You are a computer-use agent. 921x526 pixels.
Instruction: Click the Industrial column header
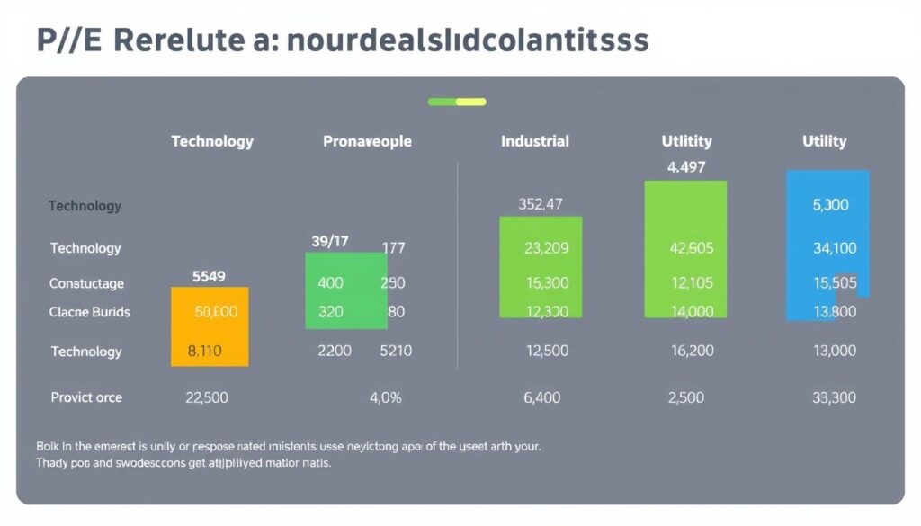(534, 141)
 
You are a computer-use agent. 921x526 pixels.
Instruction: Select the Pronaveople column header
(367, 141)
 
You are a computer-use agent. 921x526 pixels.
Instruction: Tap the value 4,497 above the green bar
(686, 167)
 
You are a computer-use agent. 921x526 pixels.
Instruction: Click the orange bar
(210, 326)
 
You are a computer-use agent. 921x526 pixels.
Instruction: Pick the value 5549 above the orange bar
(209, 277)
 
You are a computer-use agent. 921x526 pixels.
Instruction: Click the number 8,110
(204, 351)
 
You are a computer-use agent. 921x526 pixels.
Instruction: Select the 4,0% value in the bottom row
(385, 397)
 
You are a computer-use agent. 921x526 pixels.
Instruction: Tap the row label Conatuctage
(86, 283)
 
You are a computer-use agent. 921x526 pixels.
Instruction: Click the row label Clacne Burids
(89, 312)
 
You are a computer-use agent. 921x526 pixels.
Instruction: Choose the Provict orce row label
(86, 397)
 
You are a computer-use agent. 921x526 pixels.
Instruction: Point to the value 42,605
(692, 248)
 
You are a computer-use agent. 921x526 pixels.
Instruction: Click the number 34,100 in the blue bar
(834, 248)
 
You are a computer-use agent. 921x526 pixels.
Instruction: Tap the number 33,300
(834, 397)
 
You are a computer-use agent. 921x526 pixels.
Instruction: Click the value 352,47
(540, 204)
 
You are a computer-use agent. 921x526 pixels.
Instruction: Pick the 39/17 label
(329, 241)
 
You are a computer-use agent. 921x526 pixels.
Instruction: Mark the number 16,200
(692, 351)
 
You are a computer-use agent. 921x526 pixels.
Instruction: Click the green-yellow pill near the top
(457, 102)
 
